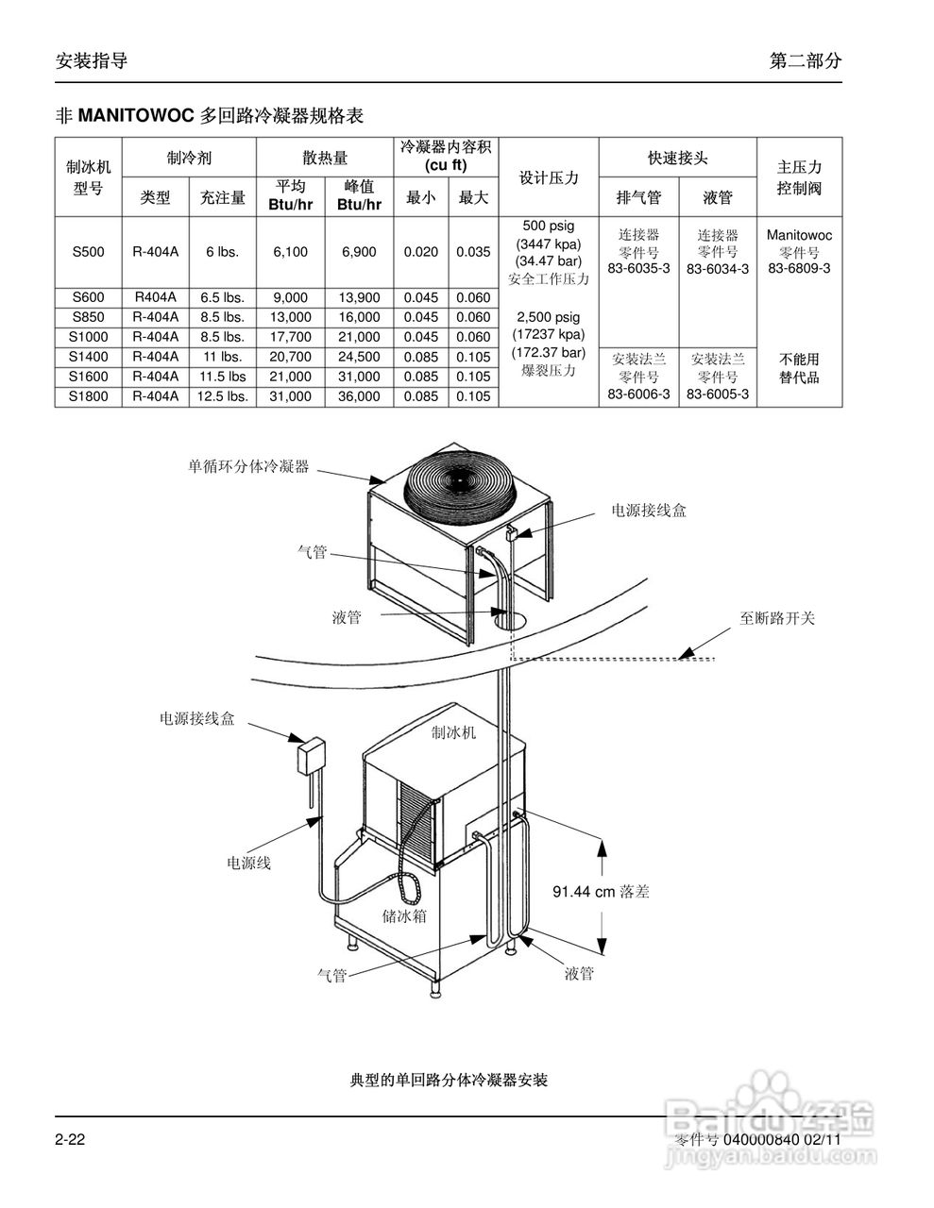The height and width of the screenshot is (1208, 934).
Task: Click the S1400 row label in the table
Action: click(90, 357)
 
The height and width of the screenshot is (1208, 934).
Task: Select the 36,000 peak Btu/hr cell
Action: click(359, 397)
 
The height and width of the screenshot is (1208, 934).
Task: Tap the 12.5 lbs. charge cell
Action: click(223, 397)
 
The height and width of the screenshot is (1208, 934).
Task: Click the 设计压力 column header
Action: click(549, 178)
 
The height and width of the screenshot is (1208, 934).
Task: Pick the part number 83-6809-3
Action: click(799, 268)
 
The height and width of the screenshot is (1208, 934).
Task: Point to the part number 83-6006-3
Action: click(639, 394)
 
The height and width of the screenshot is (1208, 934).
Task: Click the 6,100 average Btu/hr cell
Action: click(291, 252)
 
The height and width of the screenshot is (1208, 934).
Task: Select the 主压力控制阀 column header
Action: click(799, 177)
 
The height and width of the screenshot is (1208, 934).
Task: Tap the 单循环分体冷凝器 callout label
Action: click(248, 466)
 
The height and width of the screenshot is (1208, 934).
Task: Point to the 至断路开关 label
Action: click(777, 619)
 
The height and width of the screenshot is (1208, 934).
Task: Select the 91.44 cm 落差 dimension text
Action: click(601, 891)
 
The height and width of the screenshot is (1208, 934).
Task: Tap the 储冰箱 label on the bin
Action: click(403, 915)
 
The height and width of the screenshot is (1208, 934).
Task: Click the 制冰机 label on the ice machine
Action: click(453, 732)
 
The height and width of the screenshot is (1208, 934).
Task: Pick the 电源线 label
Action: click(248, 863)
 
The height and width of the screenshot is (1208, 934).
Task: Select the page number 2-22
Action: click(71, 1140)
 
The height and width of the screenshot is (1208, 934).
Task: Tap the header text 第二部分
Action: click(805, 61)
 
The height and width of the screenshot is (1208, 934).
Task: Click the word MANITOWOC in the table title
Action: click(136, 117)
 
